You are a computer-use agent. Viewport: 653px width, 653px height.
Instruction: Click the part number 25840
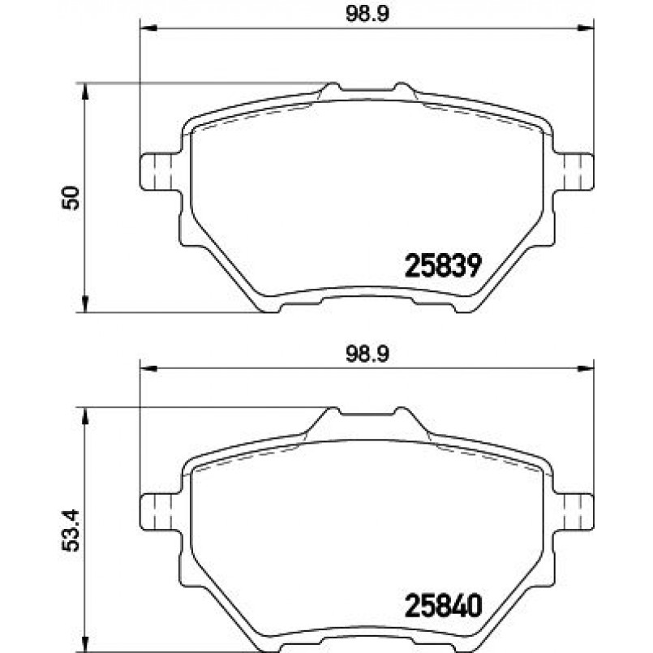(x=443, y=606)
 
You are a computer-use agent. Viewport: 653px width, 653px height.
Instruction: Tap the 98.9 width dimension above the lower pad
(x=363, y=352)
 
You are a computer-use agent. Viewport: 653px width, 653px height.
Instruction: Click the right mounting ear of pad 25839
(x=575, y=171)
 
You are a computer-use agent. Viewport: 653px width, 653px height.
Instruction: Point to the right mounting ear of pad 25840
(x=575, y=511)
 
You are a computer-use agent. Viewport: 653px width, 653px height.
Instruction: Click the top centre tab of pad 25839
(x=365, y=88)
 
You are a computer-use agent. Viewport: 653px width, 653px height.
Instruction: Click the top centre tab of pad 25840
(x=365, y=415)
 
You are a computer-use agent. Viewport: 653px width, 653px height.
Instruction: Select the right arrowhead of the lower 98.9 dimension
(x=586, y=369)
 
